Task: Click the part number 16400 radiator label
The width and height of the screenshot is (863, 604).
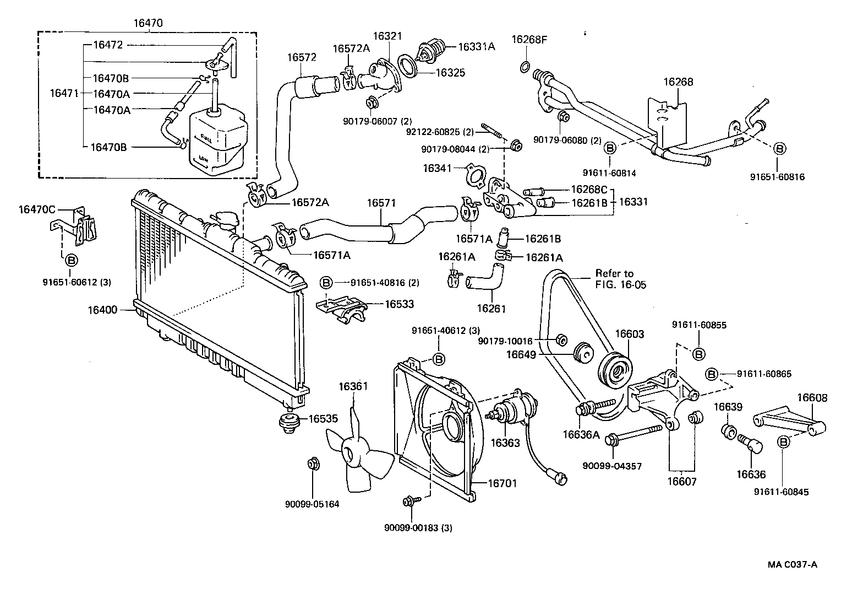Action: [102, 310]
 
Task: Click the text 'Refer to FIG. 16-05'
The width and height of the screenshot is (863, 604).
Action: [620, 279]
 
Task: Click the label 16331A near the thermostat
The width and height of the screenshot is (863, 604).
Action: [477, 47]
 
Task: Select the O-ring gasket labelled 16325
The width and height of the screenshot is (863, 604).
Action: [407, 67]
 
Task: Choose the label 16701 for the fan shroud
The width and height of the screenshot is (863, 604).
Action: [502, 483]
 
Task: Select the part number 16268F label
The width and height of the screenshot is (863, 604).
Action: [529, 39]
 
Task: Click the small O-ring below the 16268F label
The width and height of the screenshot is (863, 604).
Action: [525, 68]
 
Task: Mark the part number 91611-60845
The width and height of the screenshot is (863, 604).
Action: [781, 492]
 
